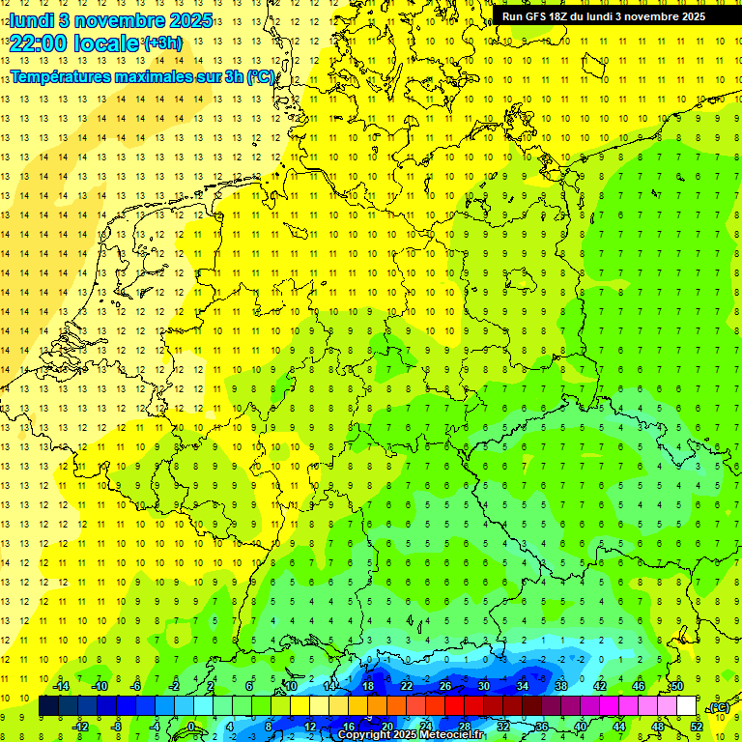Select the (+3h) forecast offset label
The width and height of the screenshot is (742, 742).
(x=161, y=43)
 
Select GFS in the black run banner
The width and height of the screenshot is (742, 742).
(x=538, y=16)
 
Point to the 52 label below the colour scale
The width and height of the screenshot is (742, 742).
(x=696, y=726)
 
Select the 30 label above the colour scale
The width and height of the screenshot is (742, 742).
(x=483, y=686)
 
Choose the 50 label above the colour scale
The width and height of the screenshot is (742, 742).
(x=676, y=686)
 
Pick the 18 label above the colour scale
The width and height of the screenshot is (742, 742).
(x=367, y=686)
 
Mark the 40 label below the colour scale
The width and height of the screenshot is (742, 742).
(x=580, y=726)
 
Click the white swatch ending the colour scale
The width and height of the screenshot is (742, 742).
(x=686, y=705)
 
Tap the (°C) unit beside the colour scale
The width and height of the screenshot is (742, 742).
(x=718, y=707)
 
